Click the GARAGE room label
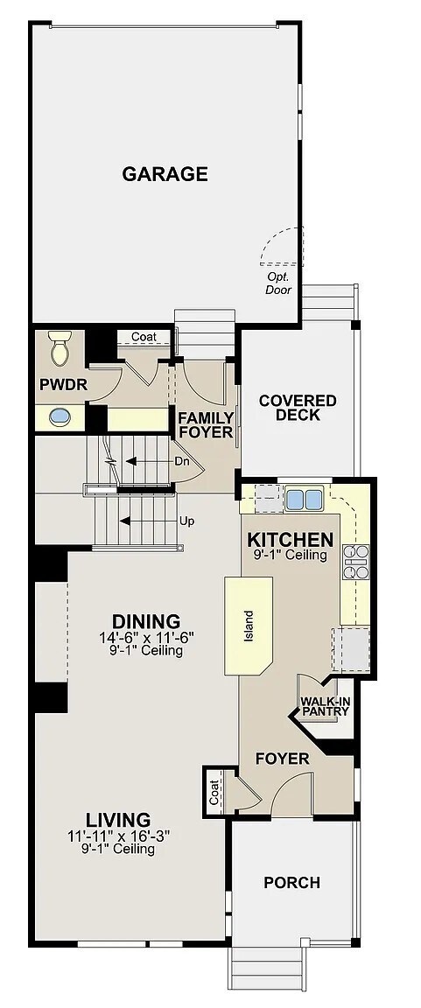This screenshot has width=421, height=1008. (165, 174)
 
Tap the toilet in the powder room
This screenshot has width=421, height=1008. (60, 347)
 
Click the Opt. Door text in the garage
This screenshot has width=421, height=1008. (278, 283)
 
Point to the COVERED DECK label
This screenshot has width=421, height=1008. (298, 408)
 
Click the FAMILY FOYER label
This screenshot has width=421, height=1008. (206, 425)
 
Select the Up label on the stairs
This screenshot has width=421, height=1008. (186, 521)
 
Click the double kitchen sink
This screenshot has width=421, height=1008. (304, 498)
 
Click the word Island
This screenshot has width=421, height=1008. (249, 626)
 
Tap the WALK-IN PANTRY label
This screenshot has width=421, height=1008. (325, 706)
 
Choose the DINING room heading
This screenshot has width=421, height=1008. (146, 621)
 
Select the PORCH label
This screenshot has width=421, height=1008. (291, 883)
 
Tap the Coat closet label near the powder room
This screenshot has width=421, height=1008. (144, 337)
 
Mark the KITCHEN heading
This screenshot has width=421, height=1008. (291, 539)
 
